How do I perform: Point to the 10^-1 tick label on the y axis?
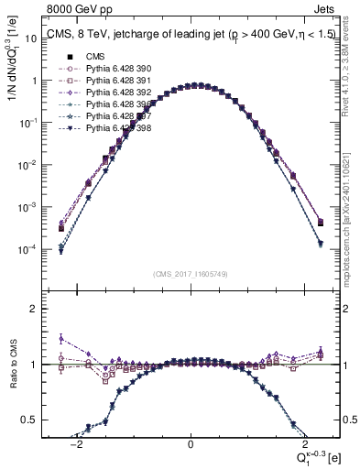pyautogui.click(x=32, y=123)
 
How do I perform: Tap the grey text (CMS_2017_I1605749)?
pyautogui.click(x=191, y=274)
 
